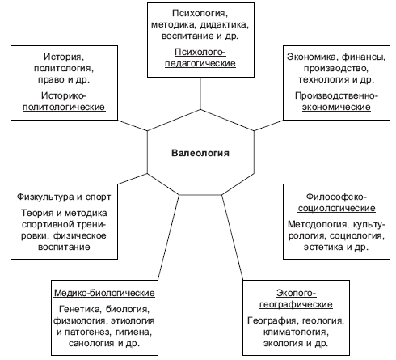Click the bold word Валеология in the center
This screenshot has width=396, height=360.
[200, 153]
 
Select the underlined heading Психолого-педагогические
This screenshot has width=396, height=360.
[200, 57]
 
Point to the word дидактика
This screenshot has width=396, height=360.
[223, 24]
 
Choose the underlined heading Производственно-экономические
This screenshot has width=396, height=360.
[336, 101]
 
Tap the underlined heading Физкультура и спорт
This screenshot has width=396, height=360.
[64, 197]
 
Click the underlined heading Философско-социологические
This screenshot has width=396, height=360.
[336, 202]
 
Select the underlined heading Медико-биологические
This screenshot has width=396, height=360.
[104, 293]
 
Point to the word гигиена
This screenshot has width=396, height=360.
[133, 332]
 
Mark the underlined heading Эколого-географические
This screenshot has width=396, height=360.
[296, 299]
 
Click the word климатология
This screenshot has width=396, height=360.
[296, 332]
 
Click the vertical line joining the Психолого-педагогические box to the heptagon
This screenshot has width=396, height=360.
[200, 93]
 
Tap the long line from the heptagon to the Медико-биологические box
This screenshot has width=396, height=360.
[168, 238]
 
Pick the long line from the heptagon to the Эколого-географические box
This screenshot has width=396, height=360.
[232, 238]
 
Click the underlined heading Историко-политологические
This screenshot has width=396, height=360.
[64, 101]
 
